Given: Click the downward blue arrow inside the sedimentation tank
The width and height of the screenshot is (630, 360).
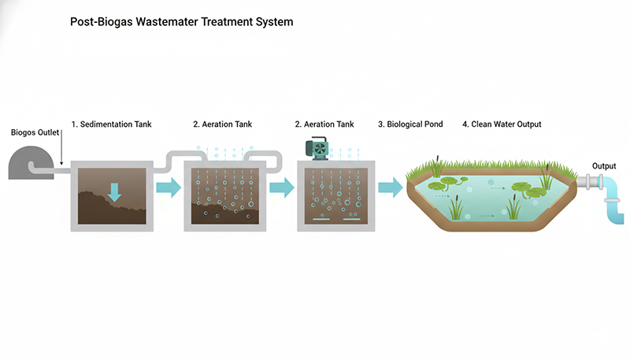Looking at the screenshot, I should tap(115, 192).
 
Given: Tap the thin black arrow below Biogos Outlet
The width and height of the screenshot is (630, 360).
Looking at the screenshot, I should tap(61, 151).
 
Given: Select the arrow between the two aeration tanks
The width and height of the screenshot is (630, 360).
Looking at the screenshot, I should tap(281, 188).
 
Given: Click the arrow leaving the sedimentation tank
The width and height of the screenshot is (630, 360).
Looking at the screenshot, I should tap(168, 188).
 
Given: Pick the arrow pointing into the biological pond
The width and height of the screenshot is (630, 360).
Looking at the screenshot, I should tap(390, 187).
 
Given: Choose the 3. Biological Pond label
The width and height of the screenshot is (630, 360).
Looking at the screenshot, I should tap(410, 124).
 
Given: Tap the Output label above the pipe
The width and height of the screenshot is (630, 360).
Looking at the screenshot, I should tap(605, 165).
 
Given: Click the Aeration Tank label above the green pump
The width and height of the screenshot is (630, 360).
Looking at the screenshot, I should tap(324, 124).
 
